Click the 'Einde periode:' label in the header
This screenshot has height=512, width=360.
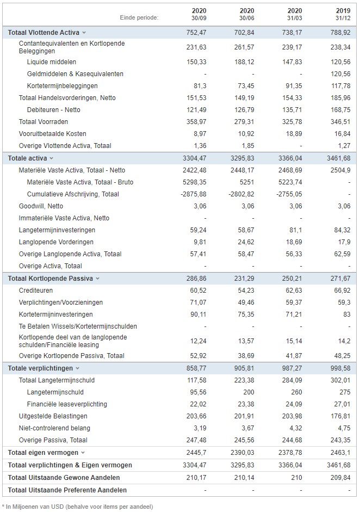click(x=139, y=17)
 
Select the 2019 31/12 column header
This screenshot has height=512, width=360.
click(x=343, y=14)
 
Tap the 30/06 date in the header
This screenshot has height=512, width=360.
click(x=247, y=18)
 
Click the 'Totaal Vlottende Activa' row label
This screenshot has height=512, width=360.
click(x=44, y=33)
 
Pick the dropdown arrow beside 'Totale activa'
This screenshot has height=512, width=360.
click(x=51, y=158)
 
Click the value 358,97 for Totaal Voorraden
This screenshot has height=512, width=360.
click(x=196, y=122)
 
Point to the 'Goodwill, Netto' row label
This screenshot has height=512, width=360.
click(x=41, y=206)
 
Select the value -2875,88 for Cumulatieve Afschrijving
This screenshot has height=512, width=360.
click(x=194, y=194)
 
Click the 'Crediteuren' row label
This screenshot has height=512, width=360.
click(x=35, y=291)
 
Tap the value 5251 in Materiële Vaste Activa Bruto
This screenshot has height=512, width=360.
click(x=246, y=182)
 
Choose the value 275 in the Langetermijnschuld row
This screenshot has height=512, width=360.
click(x=345, y=392)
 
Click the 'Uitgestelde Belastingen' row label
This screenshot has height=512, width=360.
click(x=53, y=416)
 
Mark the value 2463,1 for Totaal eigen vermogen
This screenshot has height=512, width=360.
click(x=340, y=453)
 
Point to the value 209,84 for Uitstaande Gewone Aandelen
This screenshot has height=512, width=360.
click(x=340, y=477)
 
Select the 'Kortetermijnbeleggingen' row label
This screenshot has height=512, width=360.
click(x=63, y=86)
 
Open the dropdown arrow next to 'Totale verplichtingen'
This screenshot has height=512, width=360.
click(x=77, y=368)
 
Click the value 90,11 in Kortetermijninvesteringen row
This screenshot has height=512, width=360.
click(x=198, y=314)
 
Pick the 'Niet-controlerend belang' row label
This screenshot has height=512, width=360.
click(x=54, y=428)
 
